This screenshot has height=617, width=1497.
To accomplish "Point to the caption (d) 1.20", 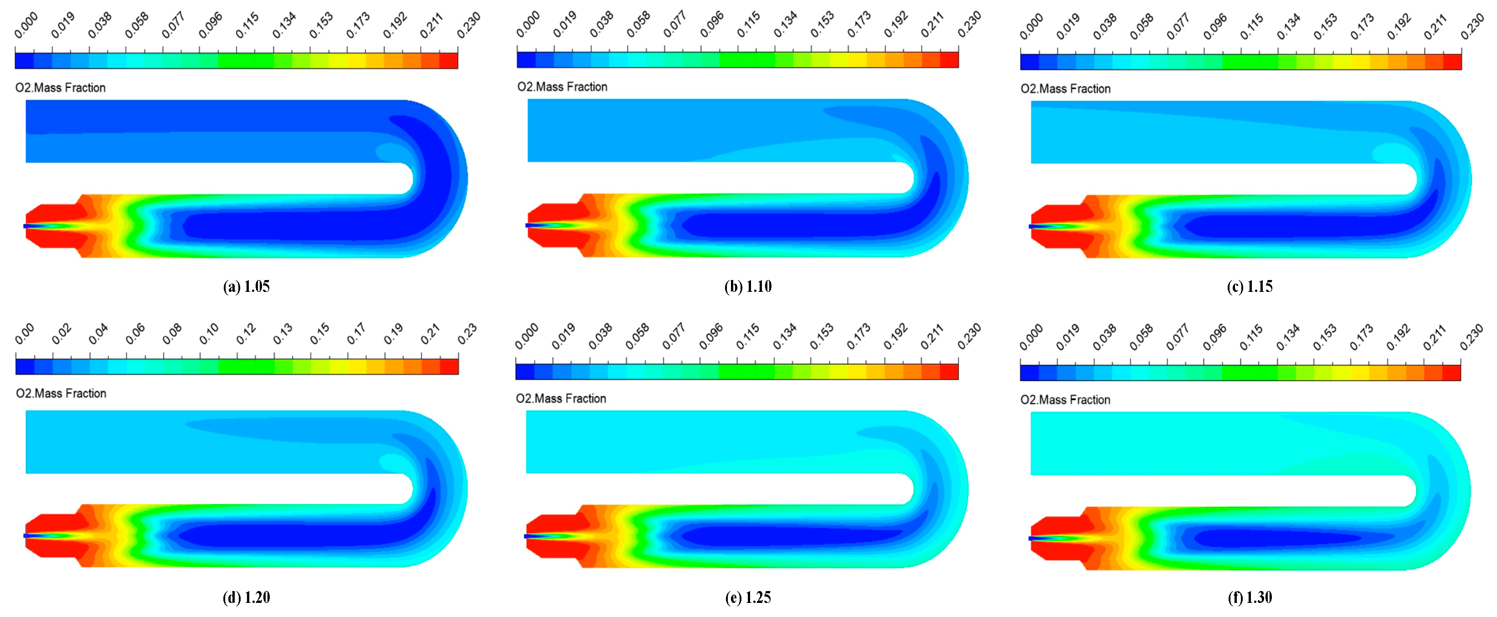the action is (247, 597).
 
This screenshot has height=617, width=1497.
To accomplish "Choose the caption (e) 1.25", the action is (748, 597).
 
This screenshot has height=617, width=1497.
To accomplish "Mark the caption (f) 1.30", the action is (1250, 597).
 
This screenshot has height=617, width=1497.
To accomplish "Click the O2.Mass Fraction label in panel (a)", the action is (60, 88).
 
